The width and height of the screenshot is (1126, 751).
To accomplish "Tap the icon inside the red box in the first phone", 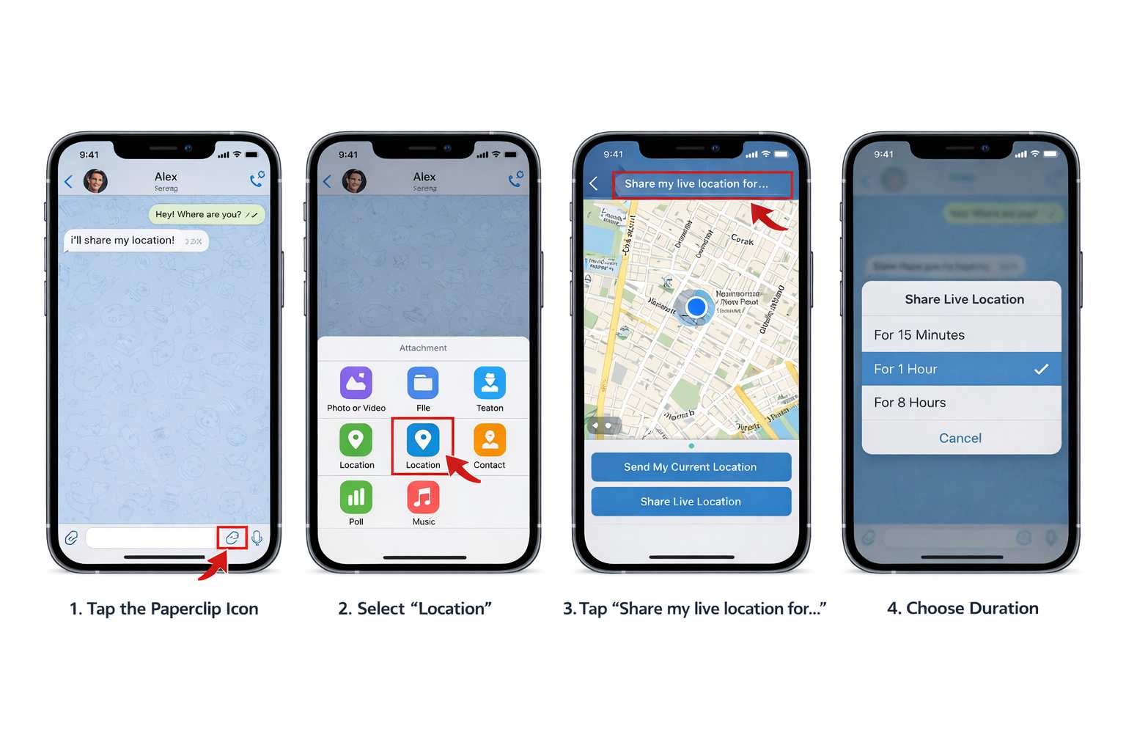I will coord(232,538).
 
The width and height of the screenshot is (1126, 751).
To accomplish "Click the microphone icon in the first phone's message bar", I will coord(257,538).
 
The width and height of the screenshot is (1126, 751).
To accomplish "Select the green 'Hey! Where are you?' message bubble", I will coord(207,214).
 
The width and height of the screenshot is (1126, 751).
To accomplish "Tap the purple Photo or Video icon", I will coord(356,383).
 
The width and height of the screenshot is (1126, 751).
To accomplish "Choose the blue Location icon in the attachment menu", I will coord(423,440).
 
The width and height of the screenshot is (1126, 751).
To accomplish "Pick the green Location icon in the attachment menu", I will coord(356,440).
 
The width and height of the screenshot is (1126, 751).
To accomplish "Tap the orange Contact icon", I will coord(490,440).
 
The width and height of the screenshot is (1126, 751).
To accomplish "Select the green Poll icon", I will coord(356,497).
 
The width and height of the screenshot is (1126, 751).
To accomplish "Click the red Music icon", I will coord(423,497).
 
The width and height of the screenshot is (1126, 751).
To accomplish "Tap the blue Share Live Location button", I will coord(691,502).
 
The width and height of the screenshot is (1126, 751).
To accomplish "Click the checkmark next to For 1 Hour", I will coord(1041,370).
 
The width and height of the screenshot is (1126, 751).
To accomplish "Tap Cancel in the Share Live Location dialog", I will coord(960,438).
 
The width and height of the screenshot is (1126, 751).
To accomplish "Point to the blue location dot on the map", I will coord(696,307).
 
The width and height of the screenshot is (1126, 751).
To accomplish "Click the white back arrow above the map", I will coord(594,183).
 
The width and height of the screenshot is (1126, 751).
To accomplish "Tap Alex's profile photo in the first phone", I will coord(95,180).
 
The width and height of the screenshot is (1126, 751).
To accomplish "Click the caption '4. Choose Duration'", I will coord(963,608).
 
